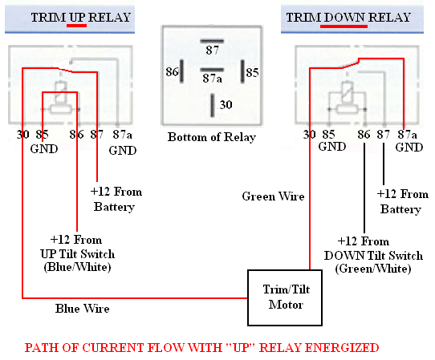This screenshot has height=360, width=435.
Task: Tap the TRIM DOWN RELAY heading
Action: pos(348,17)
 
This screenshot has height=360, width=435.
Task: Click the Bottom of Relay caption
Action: pos(211,137)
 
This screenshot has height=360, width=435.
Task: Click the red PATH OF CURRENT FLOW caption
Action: pos(201,348)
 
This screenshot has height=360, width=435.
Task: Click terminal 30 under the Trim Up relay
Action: pos(22,136)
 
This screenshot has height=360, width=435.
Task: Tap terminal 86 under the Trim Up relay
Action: pos(76,136)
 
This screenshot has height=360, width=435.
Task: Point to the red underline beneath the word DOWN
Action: pos(344,26)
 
